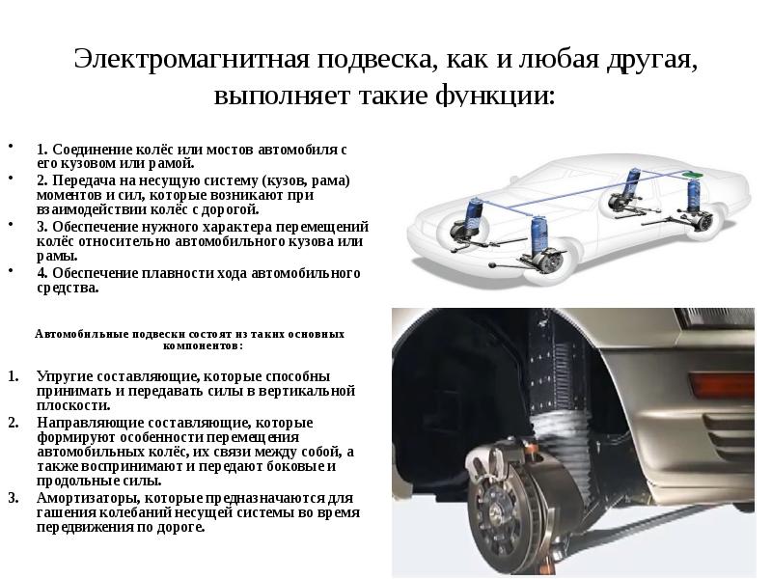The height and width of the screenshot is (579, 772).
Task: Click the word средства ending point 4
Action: point(67,288)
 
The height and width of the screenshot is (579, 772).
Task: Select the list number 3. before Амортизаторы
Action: point(13,498)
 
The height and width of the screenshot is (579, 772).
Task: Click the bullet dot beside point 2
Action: point(11,179)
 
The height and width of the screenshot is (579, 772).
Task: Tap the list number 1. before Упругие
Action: point(13,375)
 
